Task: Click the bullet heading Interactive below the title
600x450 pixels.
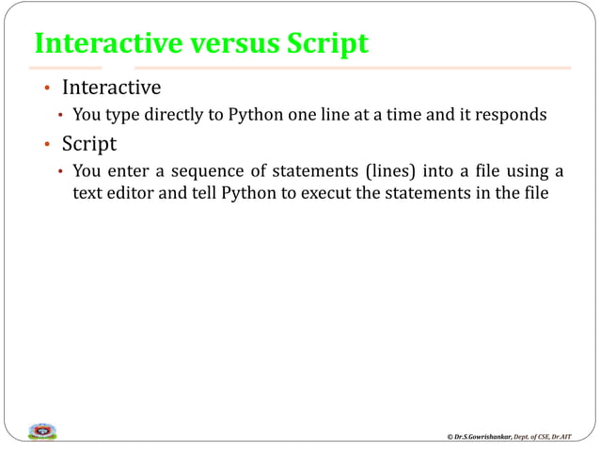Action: tap(111, 88)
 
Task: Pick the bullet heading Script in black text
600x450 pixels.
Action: tap(89, 145)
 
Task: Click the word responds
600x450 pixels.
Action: tap(513, 116)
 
